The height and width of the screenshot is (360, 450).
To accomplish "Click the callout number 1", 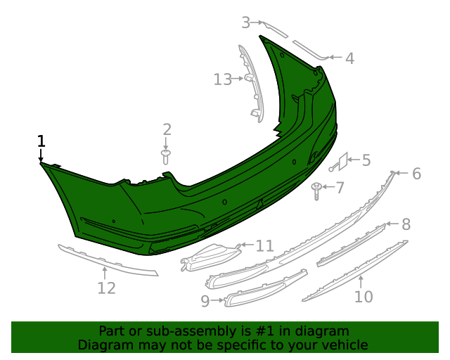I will coord(41,141).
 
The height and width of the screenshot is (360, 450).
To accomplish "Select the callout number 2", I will coord(167,129).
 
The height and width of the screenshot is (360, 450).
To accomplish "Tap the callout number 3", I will coord(246,22).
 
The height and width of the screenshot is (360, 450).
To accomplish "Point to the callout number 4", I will coord(349,58).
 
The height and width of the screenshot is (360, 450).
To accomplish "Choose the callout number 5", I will coord(366,160).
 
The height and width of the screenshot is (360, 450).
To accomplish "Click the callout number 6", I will coord(416,173).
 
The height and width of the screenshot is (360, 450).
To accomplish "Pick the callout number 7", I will coord(340,188).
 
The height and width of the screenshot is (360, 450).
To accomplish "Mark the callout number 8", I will coord(406,224).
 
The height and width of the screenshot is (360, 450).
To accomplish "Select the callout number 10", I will coord(363,297).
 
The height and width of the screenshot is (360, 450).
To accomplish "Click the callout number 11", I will coord(264,245).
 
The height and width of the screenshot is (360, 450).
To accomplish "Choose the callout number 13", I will coord(222,79).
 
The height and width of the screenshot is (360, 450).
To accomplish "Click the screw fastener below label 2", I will coord(166,155).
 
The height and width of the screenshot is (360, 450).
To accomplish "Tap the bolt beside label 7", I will coord(318,188).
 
